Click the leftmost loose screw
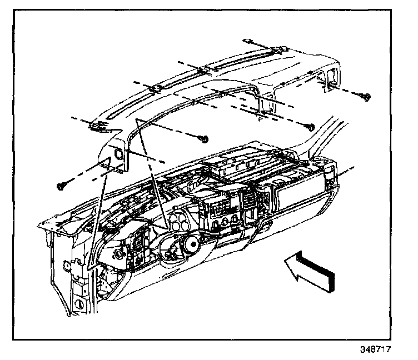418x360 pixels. coord(61,185)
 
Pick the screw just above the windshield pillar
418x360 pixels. coord(310,127)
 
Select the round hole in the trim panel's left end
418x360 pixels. coord(118,153)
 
